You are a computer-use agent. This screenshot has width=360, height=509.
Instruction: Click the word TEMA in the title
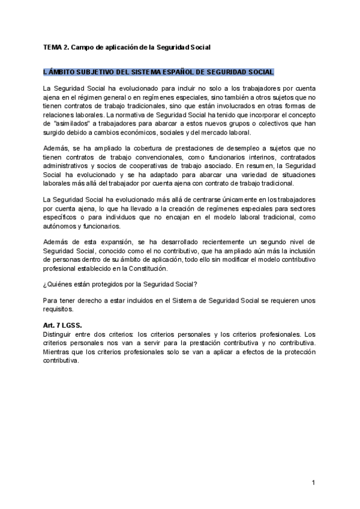pyautogui.click(x=53, y=46)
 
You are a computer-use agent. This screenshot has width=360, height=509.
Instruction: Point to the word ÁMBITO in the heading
pyautogui.click(x=60, y=72)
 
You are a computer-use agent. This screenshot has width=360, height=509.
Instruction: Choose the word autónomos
pyautogui.click(x=61, y=226)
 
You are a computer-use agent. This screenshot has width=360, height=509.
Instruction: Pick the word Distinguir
pyautogui.click(x=58, y=334)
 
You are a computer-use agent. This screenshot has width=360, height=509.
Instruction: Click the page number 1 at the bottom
pyautogui.click(x=313, y=483)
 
